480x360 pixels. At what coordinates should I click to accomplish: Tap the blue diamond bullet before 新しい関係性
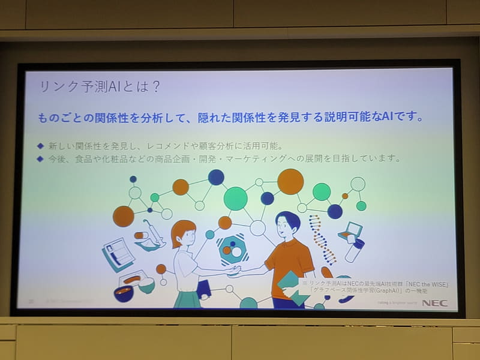tap(40, 146)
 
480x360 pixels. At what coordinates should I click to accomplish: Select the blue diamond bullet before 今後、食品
tap(40, 159)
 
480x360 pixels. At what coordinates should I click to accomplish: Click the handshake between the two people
tap(232, 271)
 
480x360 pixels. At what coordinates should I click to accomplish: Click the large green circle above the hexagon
tap(235, 199)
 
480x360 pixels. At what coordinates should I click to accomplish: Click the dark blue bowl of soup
tap(124, 294)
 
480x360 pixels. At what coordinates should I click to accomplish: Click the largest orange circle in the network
tap(290, 181)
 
